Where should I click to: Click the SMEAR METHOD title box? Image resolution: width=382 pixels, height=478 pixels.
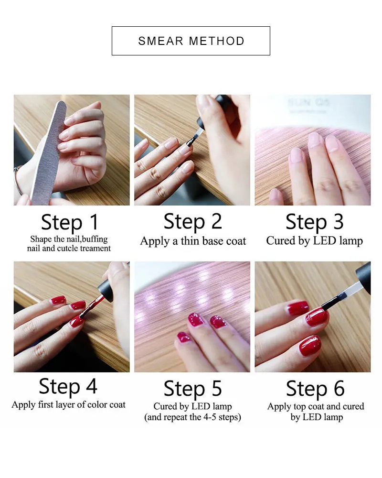pos(191,41)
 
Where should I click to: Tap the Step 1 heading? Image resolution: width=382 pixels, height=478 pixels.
pos(70,222)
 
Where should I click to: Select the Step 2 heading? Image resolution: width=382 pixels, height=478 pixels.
pos(192,221)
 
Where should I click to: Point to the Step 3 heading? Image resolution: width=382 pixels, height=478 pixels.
pos(314,222)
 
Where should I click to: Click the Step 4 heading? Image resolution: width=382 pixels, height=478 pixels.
pos(68,386)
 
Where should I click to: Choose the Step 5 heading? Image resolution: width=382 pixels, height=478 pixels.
pos(192,389)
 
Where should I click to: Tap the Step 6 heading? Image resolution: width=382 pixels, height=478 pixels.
pos(315,389)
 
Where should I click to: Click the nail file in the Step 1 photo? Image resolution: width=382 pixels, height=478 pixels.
pos(49,152)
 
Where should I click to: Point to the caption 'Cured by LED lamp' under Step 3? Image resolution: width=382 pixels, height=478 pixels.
pos(314,240)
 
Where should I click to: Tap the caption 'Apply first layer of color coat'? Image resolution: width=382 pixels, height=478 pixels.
pos(69,404)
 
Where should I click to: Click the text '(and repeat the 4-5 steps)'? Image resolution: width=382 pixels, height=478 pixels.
pos(192,417)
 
